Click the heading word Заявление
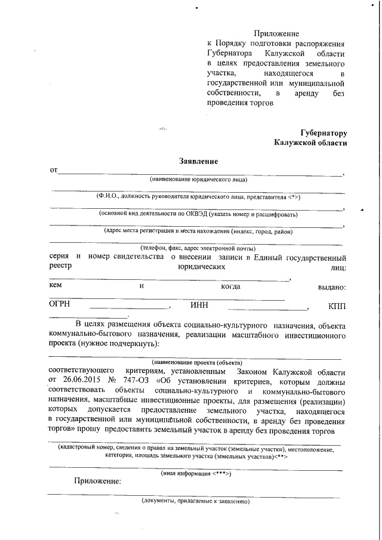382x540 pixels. tap(198, 161)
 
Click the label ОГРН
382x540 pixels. tap(60, 306)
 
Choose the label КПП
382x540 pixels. tap(337, 306)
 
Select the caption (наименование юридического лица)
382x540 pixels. tap(198, 179)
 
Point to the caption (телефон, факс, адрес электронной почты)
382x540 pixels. tap(198, 248)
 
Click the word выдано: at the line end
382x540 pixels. tap(332, 287)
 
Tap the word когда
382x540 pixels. tap(230, 287)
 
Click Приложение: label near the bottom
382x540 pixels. tap(97, 482)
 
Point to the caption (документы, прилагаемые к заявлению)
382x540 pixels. tap(195, 502)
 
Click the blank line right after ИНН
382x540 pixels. tap(267, 308)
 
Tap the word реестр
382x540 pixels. tap(60, 267)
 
